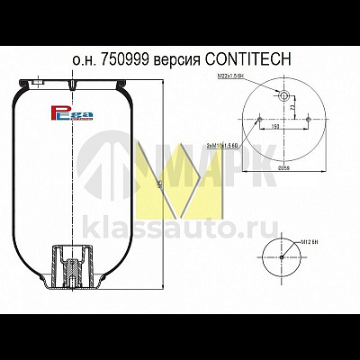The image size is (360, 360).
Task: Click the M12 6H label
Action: [x=310, y=239]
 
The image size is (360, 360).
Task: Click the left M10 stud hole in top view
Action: [x=256, y=121]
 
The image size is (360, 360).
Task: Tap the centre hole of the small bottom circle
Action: [x=282, y=256]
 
